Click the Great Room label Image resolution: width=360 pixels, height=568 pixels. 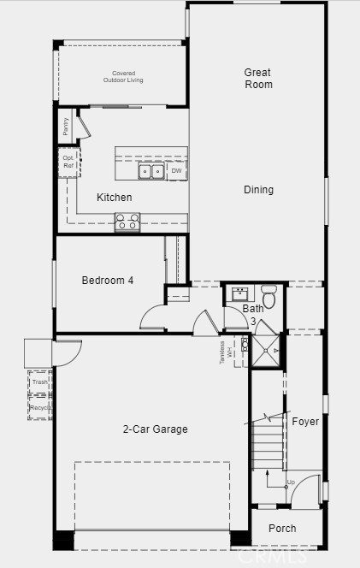click(x=258, y=79)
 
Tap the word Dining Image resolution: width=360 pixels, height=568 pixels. click(x=258, y=190)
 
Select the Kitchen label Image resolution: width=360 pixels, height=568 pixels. click(x=114, y=198)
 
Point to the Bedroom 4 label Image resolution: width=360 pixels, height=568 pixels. click(x=107, y=281)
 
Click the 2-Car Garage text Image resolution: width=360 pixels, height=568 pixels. click(x=155, y=429)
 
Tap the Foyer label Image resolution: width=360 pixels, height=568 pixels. click(x=305, y=422)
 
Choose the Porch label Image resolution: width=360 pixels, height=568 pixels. click(x=282, y=529)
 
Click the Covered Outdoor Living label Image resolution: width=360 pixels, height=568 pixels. click(x=124, y=77)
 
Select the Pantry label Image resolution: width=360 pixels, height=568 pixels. click(x=66, y=128)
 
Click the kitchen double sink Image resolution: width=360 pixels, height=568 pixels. click(x=152, y=172)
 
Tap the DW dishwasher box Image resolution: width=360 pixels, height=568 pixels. click(x=176, y=171)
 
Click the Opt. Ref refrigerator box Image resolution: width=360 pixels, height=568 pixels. click(x=68, y=162)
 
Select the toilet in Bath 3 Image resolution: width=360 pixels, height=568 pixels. click(x=269, y=298)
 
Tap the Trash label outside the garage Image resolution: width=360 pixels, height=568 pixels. click(x=39, y=382)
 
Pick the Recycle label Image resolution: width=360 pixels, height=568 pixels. click(x=39, y=408)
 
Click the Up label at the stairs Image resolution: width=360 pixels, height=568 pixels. click(x=291, y=482)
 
